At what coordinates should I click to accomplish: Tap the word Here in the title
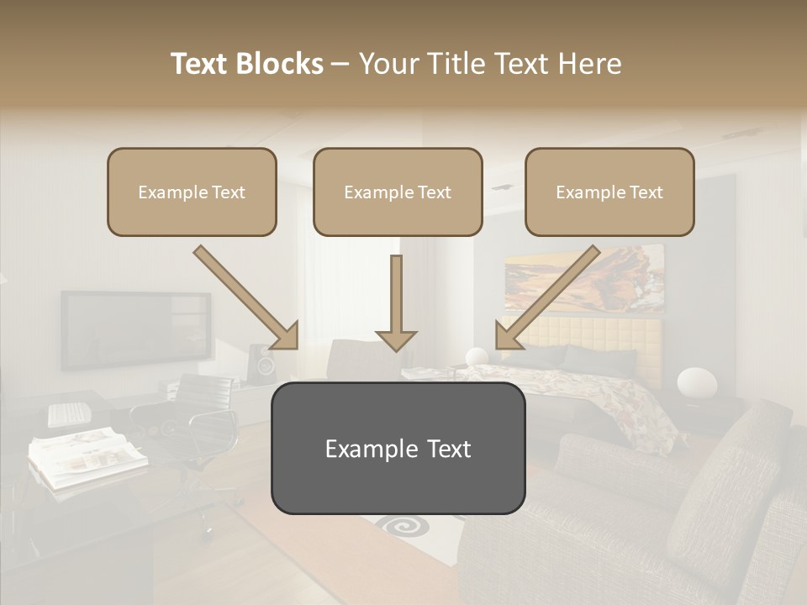pyautogui.click(x=588, y=64)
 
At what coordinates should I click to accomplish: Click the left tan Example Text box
pyautogui.click(x=192, y=192)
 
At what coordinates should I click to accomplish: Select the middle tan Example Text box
pyautogui.click(x=398, y=192)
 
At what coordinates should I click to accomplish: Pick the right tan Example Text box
pyautogui.click(x=609, y=192)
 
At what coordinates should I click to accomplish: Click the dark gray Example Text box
pyautogui.click(x=398, y=449)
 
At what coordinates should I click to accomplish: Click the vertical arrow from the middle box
pyautogui.click(x=396, y=302)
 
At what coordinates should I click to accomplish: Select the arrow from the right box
pyautogui.click(x=546, y=298)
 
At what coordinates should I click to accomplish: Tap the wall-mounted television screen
pyautogui.click(x=134, y=329)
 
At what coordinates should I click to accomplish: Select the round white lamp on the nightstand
pyautogui.click(x=697, y=383)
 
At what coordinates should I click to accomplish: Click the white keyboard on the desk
pyautogui.click(x=68, y=413)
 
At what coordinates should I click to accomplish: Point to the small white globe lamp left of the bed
pyautogui.click(x=477, y=356)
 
